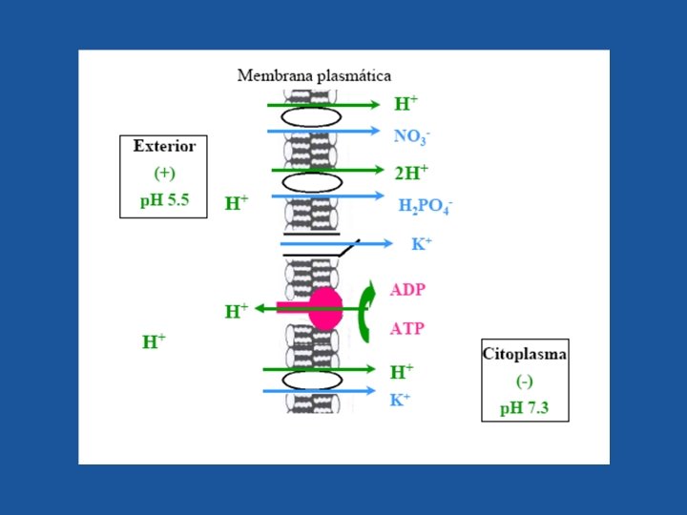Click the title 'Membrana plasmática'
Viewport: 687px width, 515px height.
coord(314,74)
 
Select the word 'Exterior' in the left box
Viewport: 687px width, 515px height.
coord(164,147)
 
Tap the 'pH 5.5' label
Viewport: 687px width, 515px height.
coord(164,201)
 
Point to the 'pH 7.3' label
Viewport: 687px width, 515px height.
coord(525,408)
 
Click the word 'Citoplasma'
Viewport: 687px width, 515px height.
coord(525,354)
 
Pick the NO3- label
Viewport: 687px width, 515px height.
coord(412,136)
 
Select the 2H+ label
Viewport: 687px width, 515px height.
coord(411,172)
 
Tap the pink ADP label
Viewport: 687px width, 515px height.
coord(407,289)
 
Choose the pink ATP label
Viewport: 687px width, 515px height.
coord(407,328)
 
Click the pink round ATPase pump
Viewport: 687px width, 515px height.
coord(324,308)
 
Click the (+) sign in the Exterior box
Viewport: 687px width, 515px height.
coord(164,174)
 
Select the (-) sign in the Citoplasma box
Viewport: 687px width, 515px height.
coord(525,381)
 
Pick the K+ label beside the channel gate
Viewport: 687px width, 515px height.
coord(422,244)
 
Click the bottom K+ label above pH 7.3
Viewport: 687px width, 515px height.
coord(400,400)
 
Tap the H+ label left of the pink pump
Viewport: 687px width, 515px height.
coord(237,311)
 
